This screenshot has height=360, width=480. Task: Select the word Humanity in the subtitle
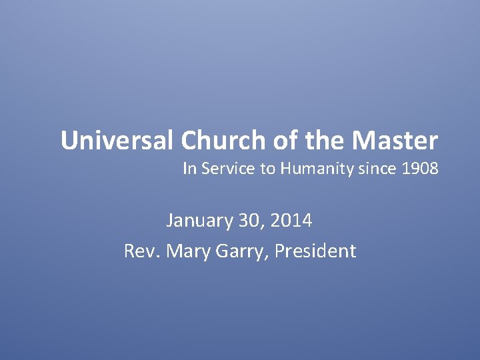pos(312,169)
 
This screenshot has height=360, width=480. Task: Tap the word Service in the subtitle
pos(229,169)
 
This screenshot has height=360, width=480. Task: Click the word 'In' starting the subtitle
pos(189,169)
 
